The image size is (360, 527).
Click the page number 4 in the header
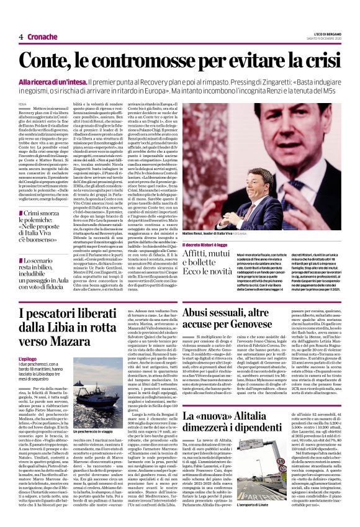20,37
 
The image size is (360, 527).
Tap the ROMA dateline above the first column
23,104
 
